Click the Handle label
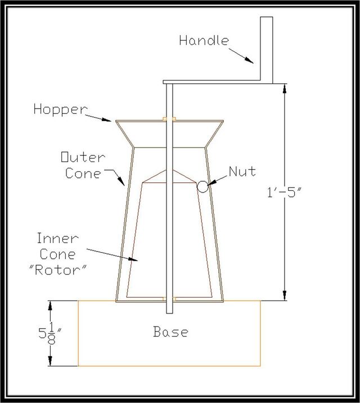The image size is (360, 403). [x=204, y=41]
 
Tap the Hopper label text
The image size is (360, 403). [x=61, y=110]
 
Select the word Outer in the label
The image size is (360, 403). [x=83, y=157]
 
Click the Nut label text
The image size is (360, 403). [x=242, y=172]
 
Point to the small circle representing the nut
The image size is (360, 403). [x=203, y=187]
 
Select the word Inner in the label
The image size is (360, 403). [x=57, y=238]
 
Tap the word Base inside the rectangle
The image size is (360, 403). [x=170, y=332]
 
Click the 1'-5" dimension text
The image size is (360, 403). [x=284, y=192]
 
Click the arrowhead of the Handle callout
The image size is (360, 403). [x=249, y=60]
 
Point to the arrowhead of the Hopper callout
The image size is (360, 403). [x=106, y=119]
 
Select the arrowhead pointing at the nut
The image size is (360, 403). [x=211, y=182]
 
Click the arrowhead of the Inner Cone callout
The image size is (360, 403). [x=133, y=259]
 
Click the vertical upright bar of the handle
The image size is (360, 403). [x=267, y=50]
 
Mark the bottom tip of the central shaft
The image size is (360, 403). [x=169, y=313]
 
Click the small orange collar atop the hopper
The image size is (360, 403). [x=169, y=119]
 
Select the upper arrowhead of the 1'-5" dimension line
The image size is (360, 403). [x=285, y=89]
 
